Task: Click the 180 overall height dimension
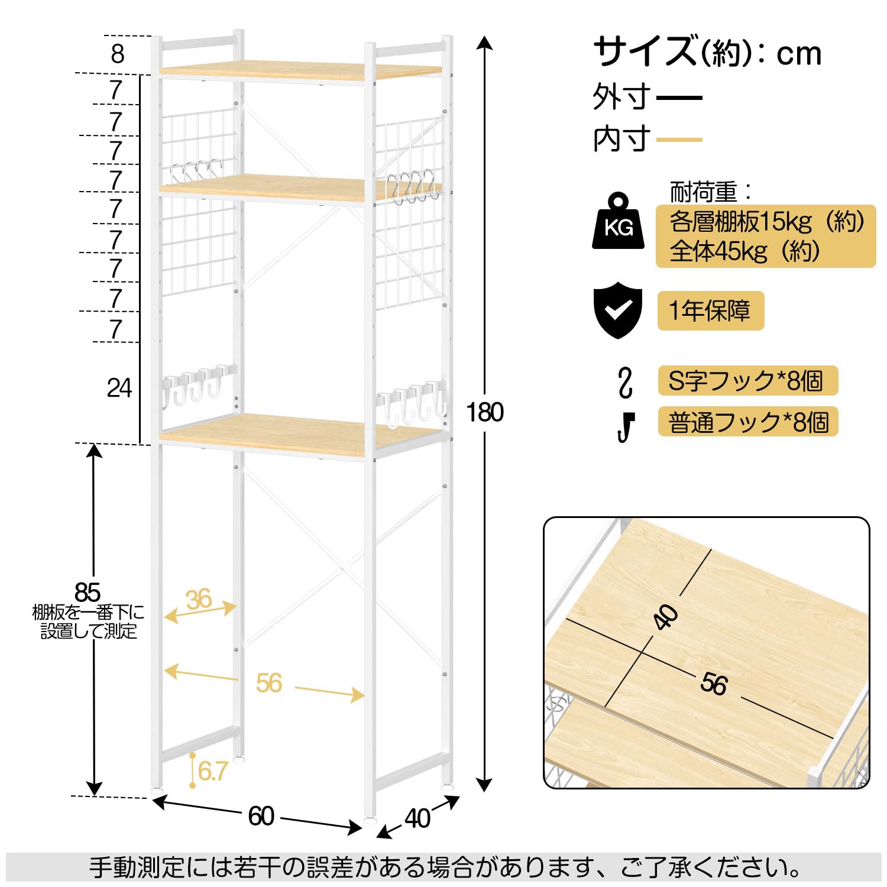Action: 484,412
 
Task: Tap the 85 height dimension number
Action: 88,592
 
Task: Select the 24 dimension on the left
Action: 119,388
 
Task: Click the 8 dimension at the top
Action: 117,54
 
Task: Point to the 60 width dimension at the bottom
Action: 261,817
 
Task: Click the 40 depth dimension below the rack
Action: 417,818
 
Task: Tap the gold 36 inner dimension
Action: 199,600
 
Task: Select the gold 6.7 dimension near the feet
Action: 212,771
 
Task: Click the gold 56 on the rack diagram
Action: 268,684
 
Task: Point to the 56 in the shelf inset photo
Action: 713,684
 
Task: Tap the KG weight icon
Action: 618,222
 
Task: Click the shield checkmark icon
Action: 617,310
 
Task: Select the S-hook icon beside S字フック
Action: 625,382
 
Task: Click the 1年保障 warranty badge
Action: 710,310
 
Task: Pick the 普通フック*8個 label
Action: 747,422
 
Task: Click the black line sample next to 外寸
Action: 679,98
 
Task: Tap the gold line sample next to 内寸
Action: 679,140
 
